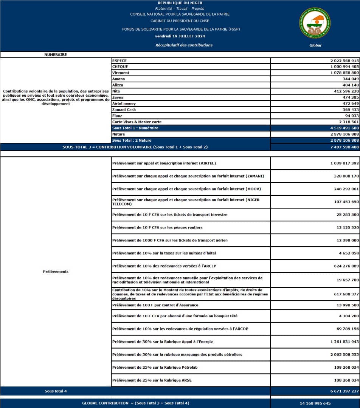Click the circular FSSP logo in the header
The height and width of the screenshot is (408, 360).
tap(315, 23)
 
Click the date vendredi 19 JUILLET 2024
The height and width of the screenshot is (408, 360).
tap(180, 36)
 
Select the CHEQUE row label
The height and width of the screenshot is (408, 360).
tap(120, 67)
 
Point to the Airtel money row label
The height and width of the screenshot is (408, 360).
tap(124, 104)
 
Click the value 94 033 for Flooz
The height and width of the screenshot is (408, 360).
tap(351, 116)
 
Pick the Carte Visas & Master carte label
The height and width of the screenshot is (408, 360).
tap(137, 122)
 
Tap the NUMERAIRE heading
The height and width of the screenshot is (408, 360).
tap(56, 54)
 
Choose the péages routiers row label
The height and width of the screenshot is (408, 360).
tap(157, 227)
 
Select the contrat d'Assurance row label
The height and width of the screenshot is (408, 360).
tap(155, 305)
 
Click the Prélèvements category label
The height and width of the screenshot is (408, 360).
tap(56, 272)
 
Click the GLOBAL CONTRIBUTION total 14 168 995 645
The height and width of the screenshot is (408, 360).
tap(315, 403)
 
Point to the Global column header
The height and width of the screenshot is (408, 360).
tap(315, 45)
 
